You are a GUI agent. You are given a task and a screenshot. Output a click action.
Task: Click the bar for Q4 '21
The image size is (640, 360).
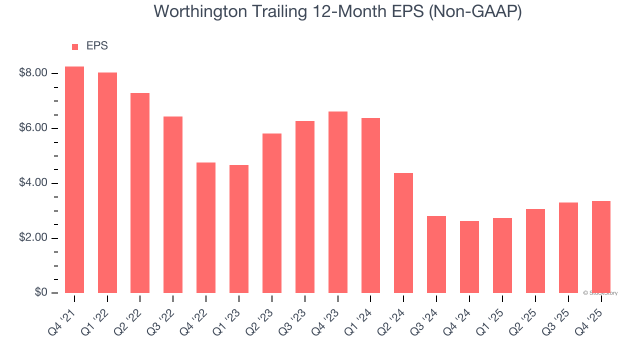[x=74, y=179]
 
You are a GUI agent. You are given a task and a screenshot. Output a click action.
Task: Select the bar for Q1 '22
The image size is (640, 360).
[x=107, y=182]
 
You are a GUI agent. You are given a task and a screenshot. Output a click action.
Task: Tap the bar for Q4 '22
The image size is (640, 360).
[x=206, y=227]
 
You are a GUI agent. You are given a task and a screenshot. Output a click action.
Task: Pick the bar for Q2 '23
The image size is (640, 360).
[x=272, y=213]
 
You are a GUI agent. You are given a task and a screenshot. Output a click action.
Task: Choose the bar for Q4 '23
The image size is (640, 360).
[x=338, y=202]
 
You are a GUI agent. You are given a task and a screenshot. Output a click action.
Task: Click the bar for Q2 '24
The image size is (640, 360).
[x=403, y=232]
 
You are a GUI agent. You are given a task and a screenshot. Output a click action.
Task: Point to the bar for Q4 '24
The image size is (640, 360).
[x=469, y=256]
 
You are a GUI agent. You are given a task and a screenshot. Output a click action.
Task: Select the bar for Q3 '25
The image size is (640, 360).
[x=568, y=247]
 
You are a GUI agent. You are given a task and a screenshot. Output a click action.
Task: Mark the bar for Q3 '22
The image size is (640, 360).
[x=173, y=204]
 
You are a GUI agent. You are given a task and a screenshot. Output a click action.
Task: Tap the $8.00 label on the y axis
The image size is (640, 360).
[x=33, y=73]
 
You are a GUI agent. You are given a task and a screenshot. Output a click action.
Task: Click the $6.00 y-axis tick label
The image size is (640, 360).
[x=33, y=128]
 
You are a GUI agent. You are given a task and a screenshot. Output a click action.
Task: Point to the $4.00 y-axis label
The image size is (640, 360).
[x=33, y=183]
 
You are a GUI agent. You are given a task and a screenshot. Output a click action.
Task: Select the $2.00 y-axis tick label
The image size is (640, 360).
[x=33, y=238]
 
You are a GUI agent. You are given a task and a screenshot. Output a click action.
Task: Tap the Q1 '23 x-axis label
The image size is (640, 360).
[x=228, y=317]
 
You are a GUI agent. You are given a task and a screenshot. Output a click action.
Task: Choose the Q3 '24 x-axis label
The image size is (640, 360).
[x=426, y=317]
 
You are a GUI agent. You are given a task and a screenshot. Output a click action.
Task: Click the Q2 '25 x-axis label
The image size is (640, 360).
[x=524, y=317]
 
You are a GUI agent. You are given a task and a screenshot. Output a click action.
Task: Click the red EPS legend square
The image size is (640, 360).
[x=75, y=47]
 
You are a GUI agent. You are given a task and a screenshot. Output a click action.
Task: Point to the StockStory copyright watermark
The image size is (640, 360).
[x=600, y=293]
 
